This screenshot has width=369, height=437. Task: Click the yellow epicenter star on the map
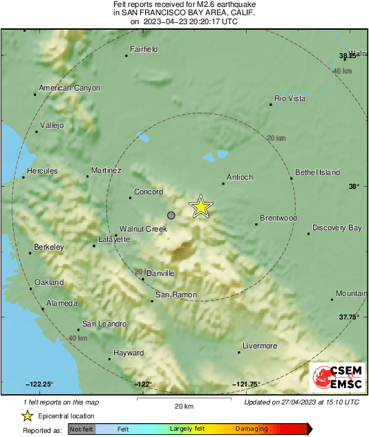click(x=200, y=206)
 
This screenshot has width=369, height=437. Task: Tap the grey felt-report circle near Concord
click(x=171, y=216)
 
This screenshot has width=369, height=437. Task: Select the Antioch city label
click(x=241, y=178)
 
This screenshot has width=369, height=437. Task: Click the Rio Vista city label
click(x=290, y=99)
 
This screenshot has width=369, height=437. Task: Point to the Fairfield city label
click(x=145, y=49)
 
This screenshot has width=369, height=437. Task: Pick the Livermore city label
click(x=260, y=346)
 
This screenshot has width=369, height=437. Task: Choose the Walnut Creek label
click(x=143, y=228)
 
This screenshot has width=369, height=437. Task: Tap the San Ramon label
click(x=176, y=295)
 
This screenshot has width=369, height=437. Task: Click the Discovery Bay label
click(x=337, y=227)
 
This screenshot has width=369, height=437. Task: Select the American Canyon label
click(x=69, y=88)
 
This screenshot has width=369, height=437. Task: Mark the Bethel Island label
click(x=317, y=171)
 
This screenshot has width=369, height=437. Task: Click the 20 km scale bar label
click(x=184, y=405)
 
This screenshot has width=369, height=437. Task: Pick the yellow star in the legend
click(x=27, y=416)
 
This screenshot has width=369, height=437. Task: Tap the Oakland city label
click(x=49, y=282)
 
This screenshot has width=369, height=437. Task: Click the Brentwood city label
click(x=278, y=218)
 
